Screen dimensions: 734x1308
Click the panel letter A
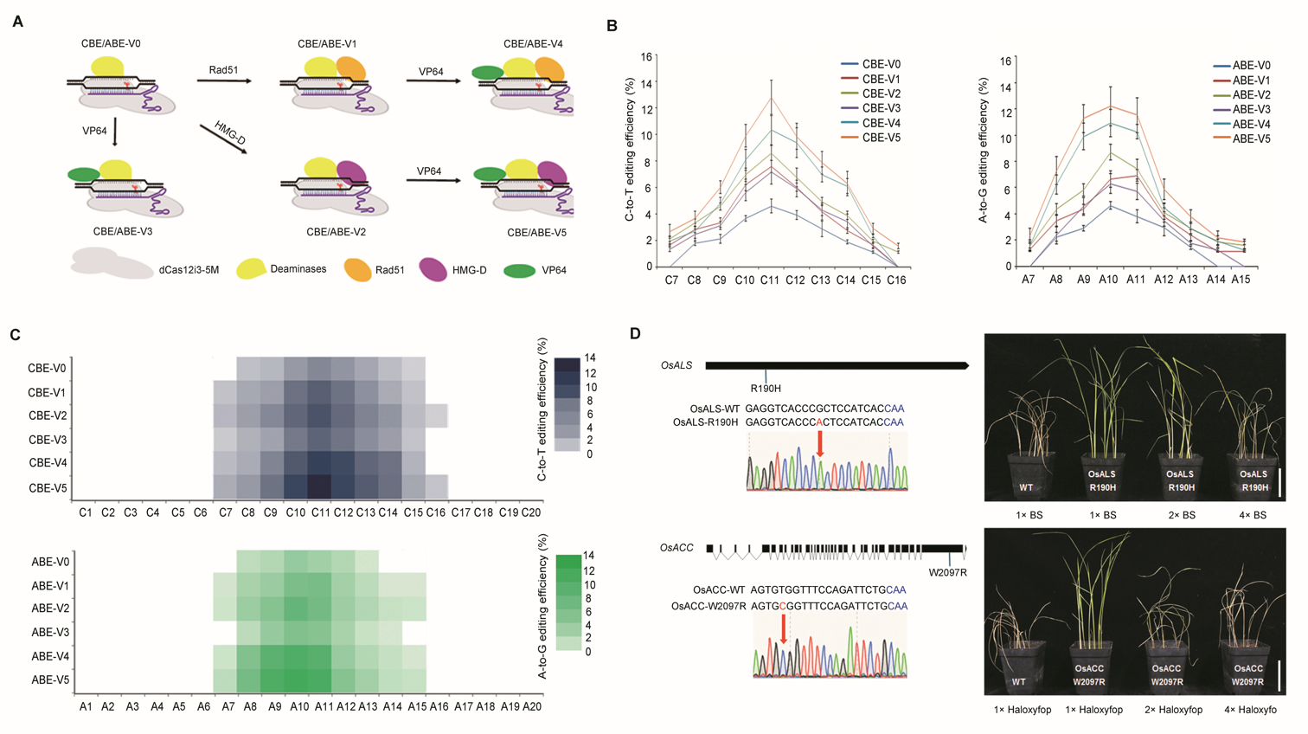[x=18, y=22]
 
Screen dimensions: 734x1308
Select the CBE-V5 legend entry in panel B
[x=881, y=138]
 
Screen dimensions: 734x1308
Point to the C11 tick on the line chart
[x=770, y=280]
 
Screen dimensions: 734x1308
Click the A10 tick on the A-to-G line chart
[x=1108, y=280]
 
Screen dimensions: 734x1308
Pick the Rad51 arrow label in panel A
[x=223, y=70]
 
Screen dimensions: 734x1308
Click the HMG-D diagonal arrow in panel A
[x=222, y=138]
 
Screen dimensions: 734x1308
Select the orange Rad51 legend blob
[x=358, y=269]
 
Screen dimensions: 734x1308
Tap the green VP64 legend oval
[x=519, y=270]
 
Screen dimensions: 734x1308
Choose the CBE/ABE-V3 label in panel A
[x=123, y=232]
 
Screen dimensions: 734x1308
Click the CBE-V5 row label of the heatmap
[x=47, y=487]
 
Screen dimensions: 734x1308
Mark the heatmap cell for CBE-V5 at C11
[x=320, y=486]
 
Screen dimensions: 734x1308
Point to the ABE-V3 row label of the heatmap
[x=50, y=632]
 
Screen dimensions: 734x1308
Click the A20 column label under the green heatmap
[x=531, y=707]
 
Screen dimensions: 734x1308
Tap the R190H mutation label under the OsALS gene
[x=766, y=389]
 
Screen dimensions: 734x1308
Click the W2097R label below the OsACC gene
[x=947, y=572]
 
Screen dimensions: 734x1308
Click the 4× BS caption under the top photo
[x=1252, y=515]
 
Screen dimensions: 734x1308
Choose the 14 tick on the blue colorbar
[x=589, y=358]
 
